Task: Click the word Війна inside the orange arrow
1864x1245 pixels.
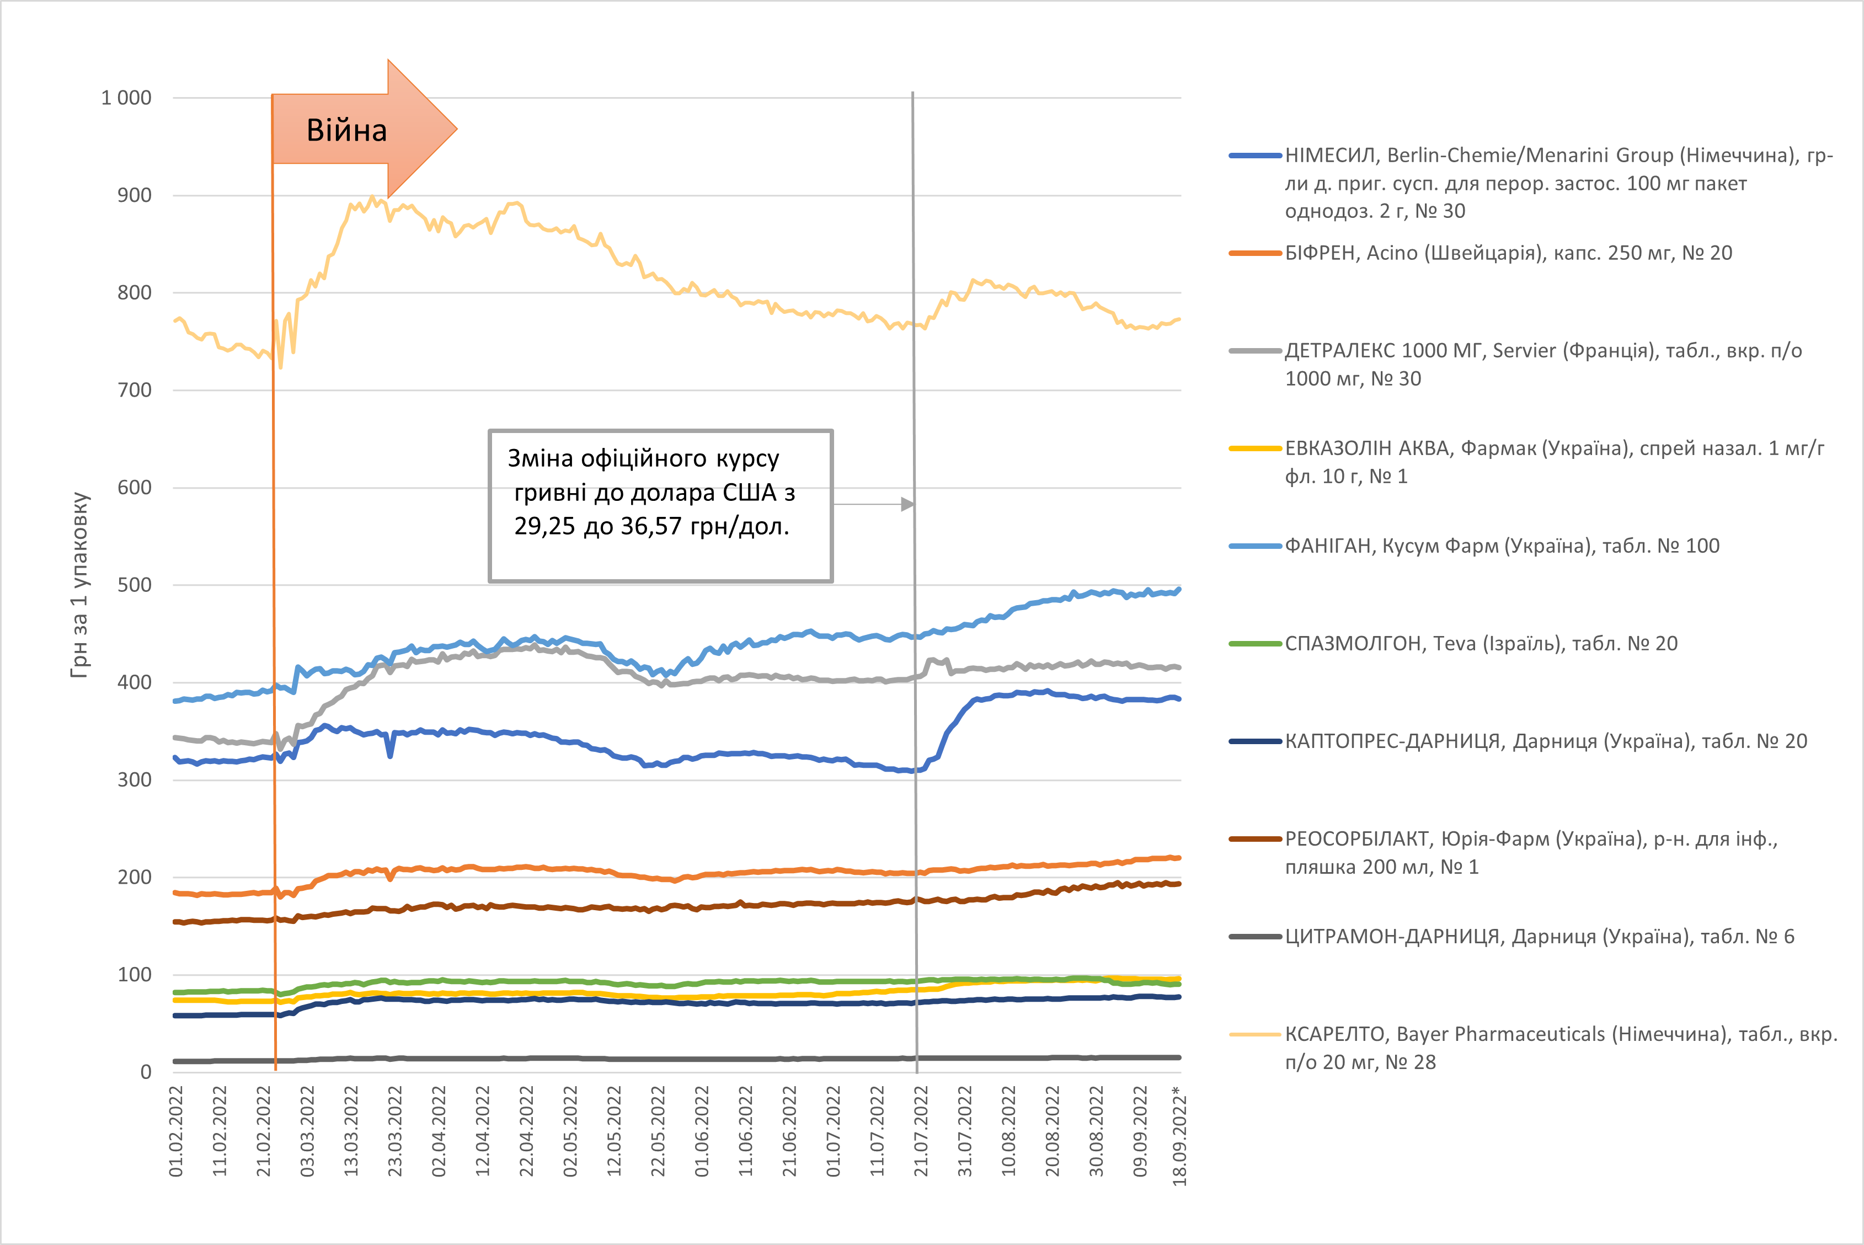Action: tap(347, 130)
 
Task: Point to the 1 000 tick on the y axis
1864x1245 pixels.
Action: tap(126, 98)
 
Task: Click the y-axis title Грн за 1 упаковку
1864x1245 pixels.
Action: tap(79, 585)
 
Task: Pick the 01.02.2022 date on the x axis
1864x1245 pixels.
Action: tap(176, 1131)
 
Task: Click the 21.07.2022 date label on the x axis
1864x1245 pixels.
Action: tap(921, 1131)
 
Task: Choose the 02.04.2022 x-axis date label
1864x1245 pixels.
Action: tap(439, 1131)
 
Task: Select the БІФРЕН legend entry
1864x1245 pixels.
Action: tap(1508, 253)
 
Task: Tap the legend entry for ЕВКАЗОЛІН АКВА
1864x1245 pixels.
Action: tap(1532, 462)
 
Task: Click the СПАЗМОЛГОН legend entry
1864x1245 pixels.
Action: tap(1481, 644)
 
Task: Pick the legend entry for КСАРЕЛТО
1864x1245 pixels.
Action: tap(1532, 1048)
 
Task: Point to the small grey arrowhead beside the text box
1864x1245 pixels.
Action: tap(907, 504)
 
